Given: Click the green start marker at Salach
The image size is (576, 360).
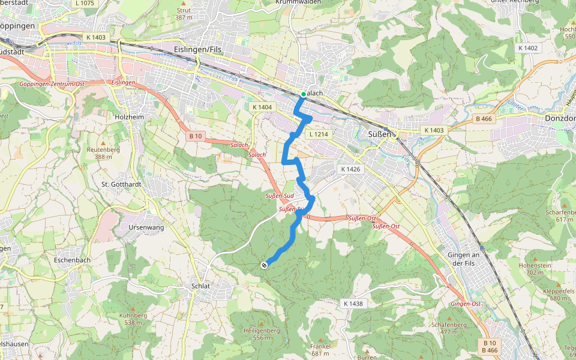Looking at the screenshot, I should click(304, 95).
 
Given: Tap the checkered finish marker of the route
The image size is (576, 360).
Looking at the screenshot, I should click(264, 265).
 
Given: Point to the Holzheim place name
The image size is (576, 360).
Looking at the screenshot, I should click(129, 117).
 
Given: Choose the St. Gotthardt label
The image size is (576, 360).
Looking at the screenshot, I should click(121, 184).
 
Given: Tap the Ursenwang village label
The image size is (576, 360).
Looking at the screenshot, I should click(146, 228).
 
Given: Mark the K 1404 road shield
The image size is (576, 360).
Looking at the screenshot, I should click(262, 107).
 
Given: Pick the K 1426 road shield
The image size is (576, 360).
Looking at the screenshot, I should click(351, 169).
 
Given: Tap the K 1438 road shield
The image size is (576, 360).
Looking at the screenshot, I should click(353, 304).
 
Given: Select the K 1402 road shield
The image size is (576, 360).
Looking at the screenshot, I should click(529, 48).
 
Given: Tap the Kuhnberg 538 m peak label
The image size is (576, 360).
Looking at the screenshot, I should click(133, 319).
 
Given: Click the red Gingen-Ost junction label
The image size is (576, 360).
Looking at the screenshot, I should click(466, 304).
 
